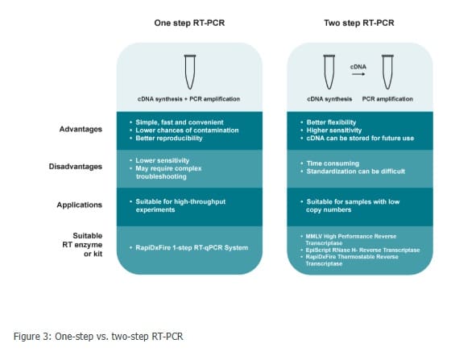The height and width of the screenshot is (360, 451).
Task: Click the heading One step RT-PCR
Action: click(189, 23)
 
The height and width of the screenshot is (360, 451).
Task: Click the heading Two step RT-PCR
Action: click(359, 23)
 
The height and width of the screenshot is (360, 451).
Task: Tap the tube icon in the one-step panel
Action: click(190, 72)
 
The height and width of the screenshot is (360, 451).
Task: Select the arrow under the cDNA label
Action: click(358, 74)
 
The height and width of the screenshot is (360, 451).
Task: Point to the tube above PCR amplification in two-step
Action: click(387, 72)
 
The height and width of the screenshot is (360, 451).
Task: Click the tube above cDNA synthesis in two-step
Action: click(329, 72)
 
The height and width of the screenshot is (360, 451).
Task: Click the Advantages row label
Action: click(81, 129)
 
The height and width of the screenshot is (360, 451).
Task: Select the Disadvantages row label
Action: click(76, 167)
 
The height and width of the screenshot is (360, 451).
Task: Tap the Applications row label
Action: click(80, 205)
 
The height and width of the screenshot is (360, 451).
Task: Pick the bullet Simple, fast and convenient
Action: click(180, 122)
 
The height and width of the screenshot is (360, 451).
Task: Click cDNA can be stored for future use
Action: click(360, 139)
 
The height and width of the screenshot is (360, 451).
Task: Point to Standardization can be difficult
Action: click(355, 172)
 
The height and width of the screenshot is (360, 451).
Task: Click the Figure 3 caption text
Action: click(98, 337)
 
